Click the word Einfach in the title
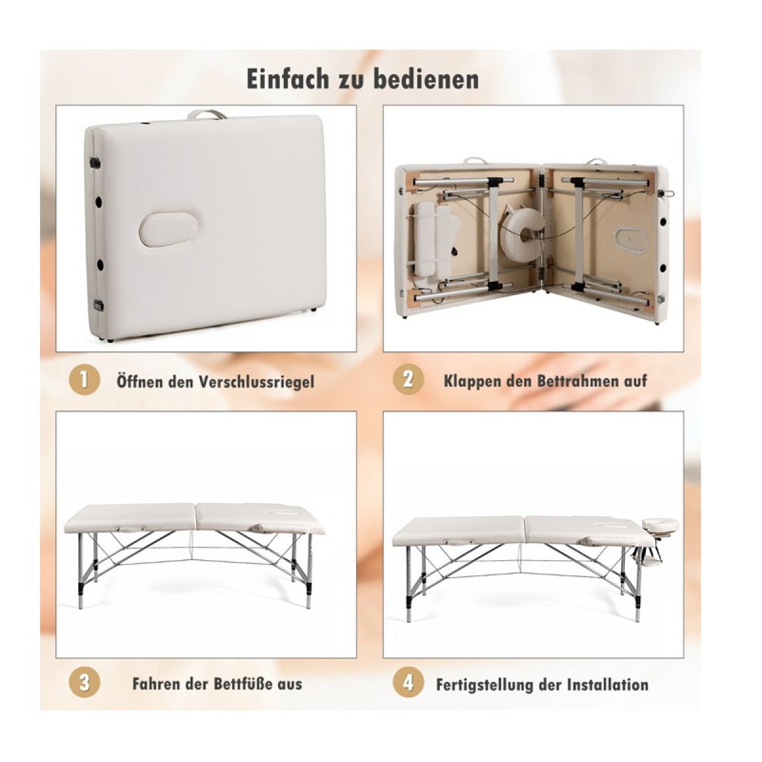click(x=288, y=78)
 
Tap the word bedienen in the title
click(x=427, y=78)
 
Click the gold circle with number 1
click(x=84, y=381)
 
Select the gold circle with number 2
click(x=408, y=380)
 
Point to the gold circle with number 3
click(x=84, y=683)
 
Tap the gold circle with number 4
click(x=408, y=683)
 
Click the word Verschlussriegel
click(x=257, y=382)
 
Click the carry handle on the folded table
click(x=207, y=115)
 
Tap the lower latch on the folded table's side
click(x=97, y=305)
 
